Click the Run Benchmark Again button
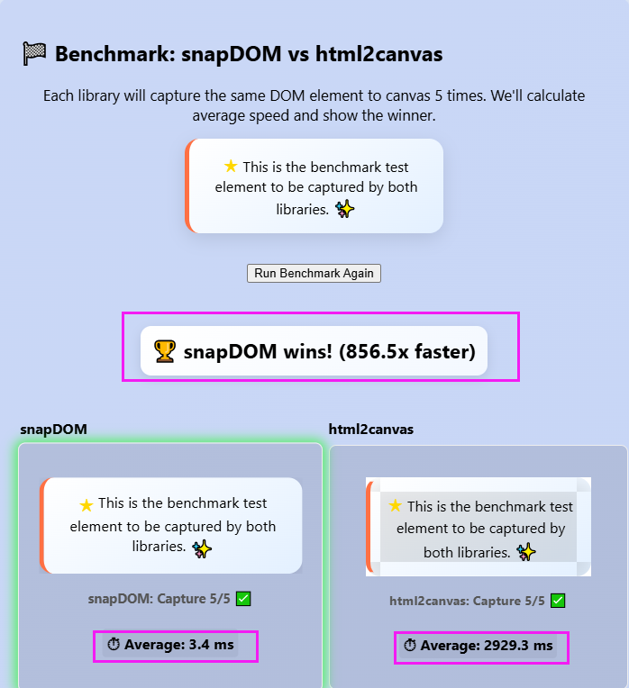tap(314, 273)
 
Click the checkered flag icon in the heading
tap(34, 54)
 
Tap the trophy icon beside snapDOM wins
tap(165, 351)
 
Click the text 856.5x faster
tap(406, 351)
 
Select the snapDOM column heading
tap(53, 429)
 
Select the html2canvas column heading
tap(370, 429)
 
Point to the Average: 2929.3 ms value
tap(487, 646)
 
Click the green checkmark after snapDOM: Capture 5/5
tap(243, 599)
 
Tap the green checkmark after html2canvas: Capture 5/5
tap(558, 601)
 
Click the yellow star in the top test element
tap(231, 167)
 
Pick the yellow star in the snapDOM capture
tap(87, 504)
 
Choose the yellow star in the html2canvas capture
tap(396, 506)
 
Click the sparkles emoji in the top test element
tap(344, 209)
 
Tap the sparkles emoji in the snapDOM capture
tap(202, 547)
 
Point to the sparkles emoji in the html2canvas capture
tap(526, 551)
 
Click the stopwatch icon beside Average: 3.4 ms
tap(114, 645)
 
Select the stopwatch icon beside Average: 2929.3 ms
tap(410, 646)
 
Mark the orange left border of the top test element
tap(187, 186)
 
